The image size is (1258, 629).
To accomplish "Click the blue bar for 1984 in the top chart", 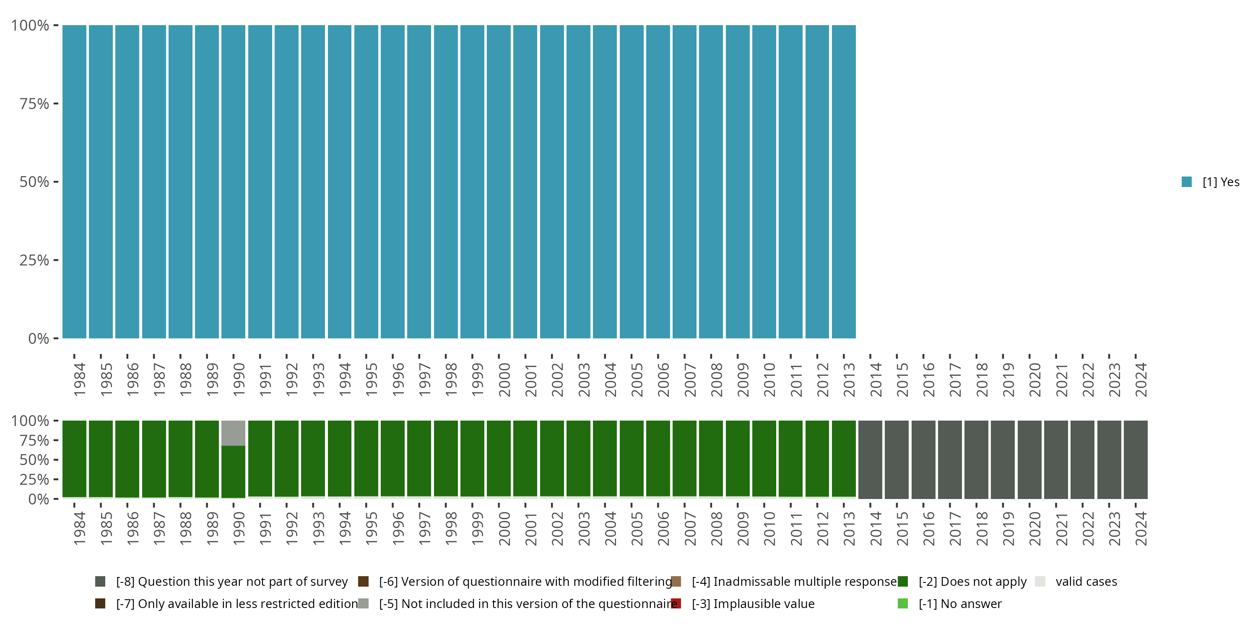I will (x=74, y=182).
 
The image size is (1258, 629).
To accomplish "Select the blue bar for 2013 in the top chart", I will (x=843, y=182).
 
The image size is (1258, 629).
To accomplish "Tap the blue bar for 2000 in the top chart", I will (x=499, y=182).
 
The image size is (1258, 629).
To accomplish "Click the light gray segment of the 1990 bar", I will (x=234, y=433).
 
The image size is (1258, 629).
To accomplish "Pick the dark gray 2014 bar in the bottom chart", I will (x=870, y=460).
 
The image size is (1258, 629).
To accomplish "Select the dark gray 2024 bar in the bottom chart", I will (x=1136, y=460).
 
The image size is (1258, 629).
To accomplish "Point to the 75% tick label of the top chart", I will (x=34, y=104).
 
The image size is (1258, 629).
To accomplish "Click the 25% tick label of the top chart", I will (x=34, y=260).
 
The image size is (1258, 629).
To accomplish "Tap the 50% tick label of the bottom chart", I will (x=34, y=460).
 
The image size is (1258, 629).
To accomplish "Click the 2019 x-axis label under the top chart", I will (x=1008, y=379).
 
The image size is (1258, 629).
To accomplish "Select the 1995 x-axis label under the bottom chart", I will (x=372, y=528).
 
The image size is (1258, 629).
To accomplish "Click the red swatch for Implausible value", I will (x=676, y=603).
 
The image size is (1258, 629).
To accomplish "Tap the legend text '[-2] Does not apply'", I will (x=972, y=582).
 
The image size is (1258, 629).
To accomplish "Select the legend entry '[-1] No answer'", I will (x=959, y=603).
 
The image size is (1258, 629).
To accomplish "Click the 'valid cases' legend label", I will (x=1086, y=582).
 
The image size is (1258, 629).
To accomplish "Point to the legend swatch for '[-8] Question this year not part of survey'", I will (x=100, y=582).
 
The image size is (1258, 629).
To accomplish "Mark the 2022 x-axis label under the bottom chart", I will (x=1088, y=528).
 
